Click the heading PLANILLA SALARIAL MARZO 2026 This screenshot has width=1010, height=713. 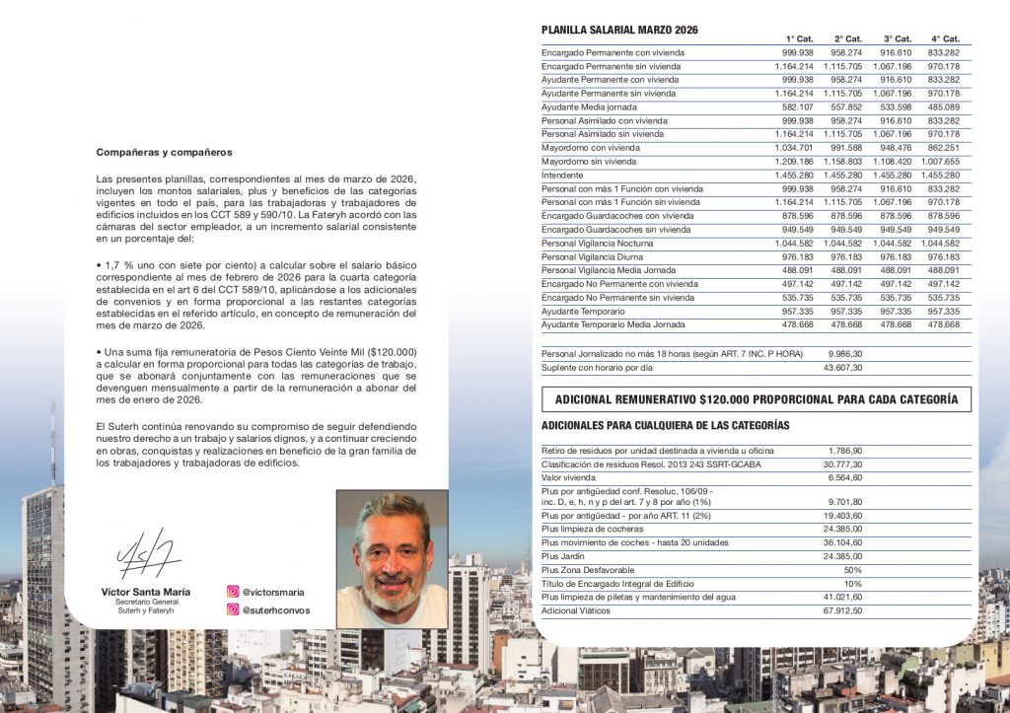619,31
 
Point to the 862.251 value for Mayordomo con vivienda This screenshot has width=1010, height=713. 943,147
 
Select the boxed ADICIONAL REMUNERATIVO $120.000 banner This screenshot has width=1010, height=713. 756,399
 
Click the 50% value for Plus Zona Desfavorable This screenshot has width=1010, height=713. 853,570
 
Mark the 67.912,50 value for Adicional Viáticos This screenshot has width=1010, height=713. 842,611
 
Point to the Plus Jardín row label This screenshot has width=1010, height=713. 563,556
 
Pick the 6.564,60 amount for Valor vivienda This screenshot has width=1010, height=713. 845,477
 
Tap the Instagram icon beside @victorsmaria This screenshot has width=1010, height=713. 233,593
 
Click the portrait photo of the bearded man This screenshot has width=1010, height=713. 393,559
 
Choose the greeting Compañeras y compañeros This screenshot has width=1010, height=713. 164,152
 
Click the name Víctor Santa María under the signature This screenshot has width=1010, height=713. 146,592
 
